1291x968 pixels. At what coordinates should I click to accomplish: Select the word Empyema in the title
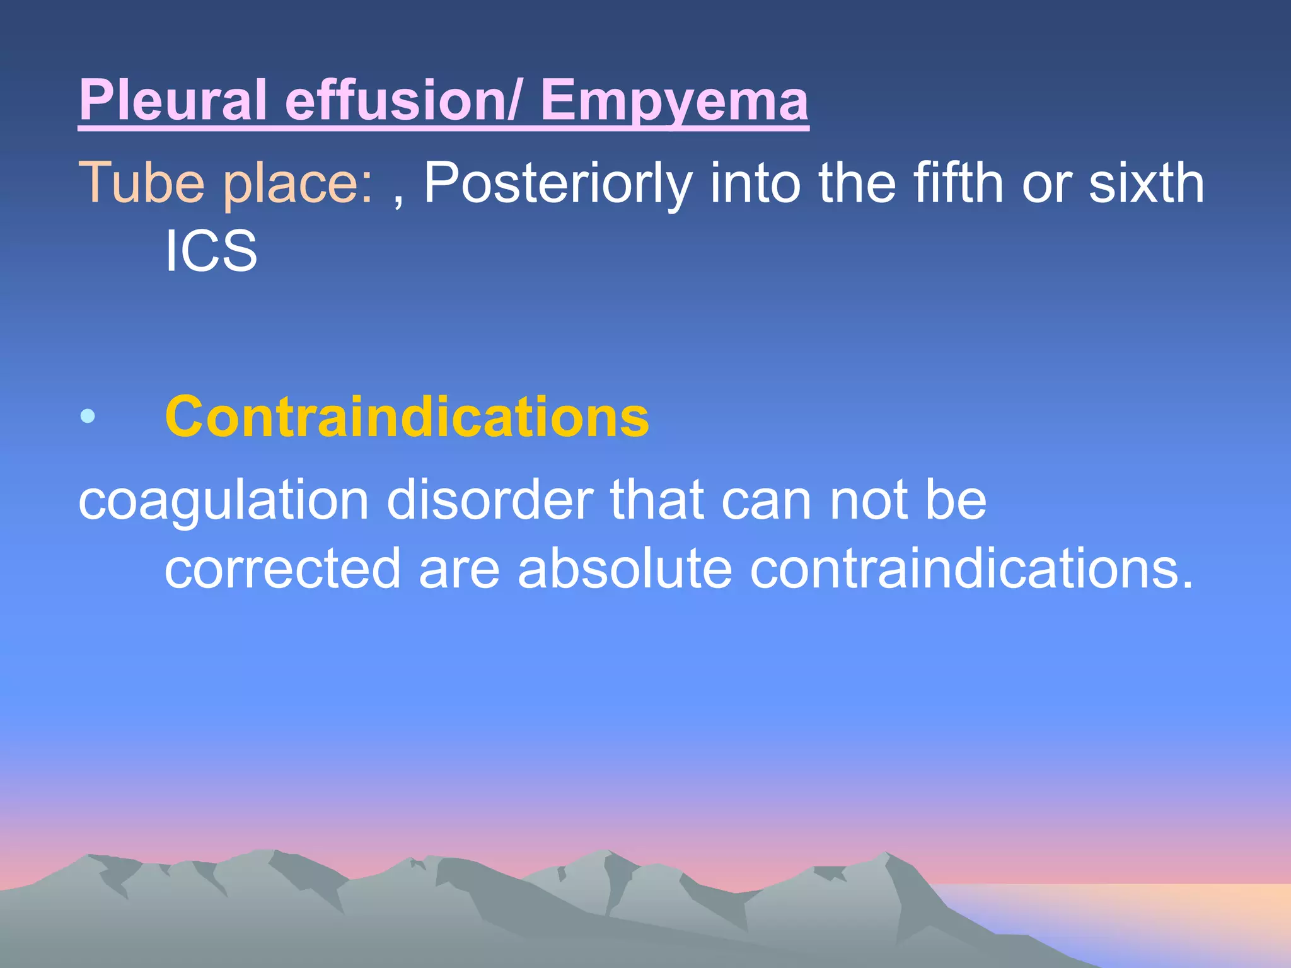674,101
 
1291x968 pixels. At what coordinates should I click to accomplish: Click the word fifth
959,183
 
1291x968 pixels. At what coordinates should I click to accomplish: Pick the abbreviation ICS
211,251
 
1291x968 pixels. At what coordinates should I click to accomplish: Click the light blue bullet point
88,416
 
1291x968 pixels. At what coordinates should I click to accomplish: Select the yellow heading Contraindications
407,417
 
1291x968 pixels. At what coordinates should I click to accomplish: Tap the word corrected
282,568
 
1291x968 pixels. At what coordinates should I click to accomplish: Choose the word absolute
625,568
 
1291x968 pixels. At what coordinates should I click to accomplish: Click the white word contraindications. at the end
971,568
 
